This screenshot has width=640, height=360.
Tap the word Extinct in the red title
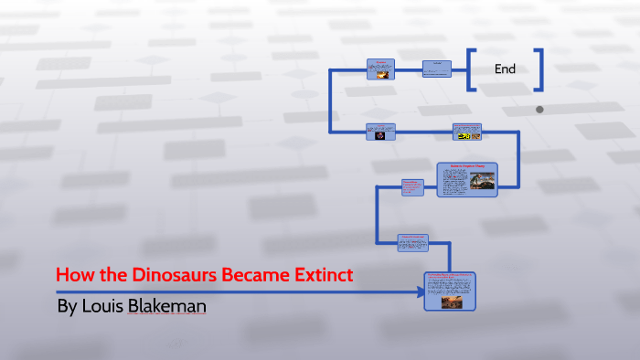320,275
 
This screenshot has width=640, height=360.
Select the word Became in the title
247,275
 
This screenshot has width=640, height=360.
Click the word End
505,69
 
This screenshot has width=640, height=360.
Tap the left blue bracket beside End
471,69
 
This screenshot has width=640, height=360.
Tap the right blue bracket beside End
539,69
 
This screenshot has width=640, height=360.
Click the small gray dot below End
539,110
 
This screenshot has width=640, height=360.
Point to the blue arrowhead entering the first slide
420,292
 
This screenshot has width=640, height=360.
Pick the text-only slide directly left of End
436,69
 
